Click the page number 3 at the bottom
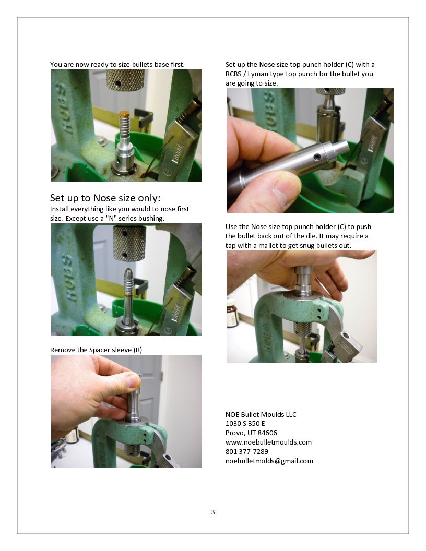pyautogui.click(x=212, y=512)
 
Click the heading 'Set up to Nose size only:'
pyautogui.click(x=105, y=198)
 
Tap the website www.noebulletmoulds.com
pyautogui.click(x=268, y=442)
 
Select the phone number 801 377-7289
pyautogui.click(x=247, y=451)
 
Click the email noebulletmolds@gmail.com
pyautogui.click(x=269, y=461)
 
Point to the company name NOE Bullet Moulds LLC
pyautogui.click(x=261, y=415)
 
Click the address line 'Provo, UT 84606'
pyautogui.click(x=251, y=433)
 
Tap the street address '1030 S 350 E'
pyautogui.click(x=245, y=424)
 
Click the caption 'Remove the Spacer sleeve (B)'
pyautogui.click(x=96, y=350)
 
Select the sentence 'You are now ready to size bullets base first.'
pyautogui.click(x=117, y=65)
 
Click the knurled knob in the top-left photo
pyautogui.click(x=125, y=80)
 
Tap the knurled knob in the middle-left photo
pyautogui.click(x=129, y=243)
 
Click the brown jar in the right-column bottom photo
pyautogui.click(x=232, y=313)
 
